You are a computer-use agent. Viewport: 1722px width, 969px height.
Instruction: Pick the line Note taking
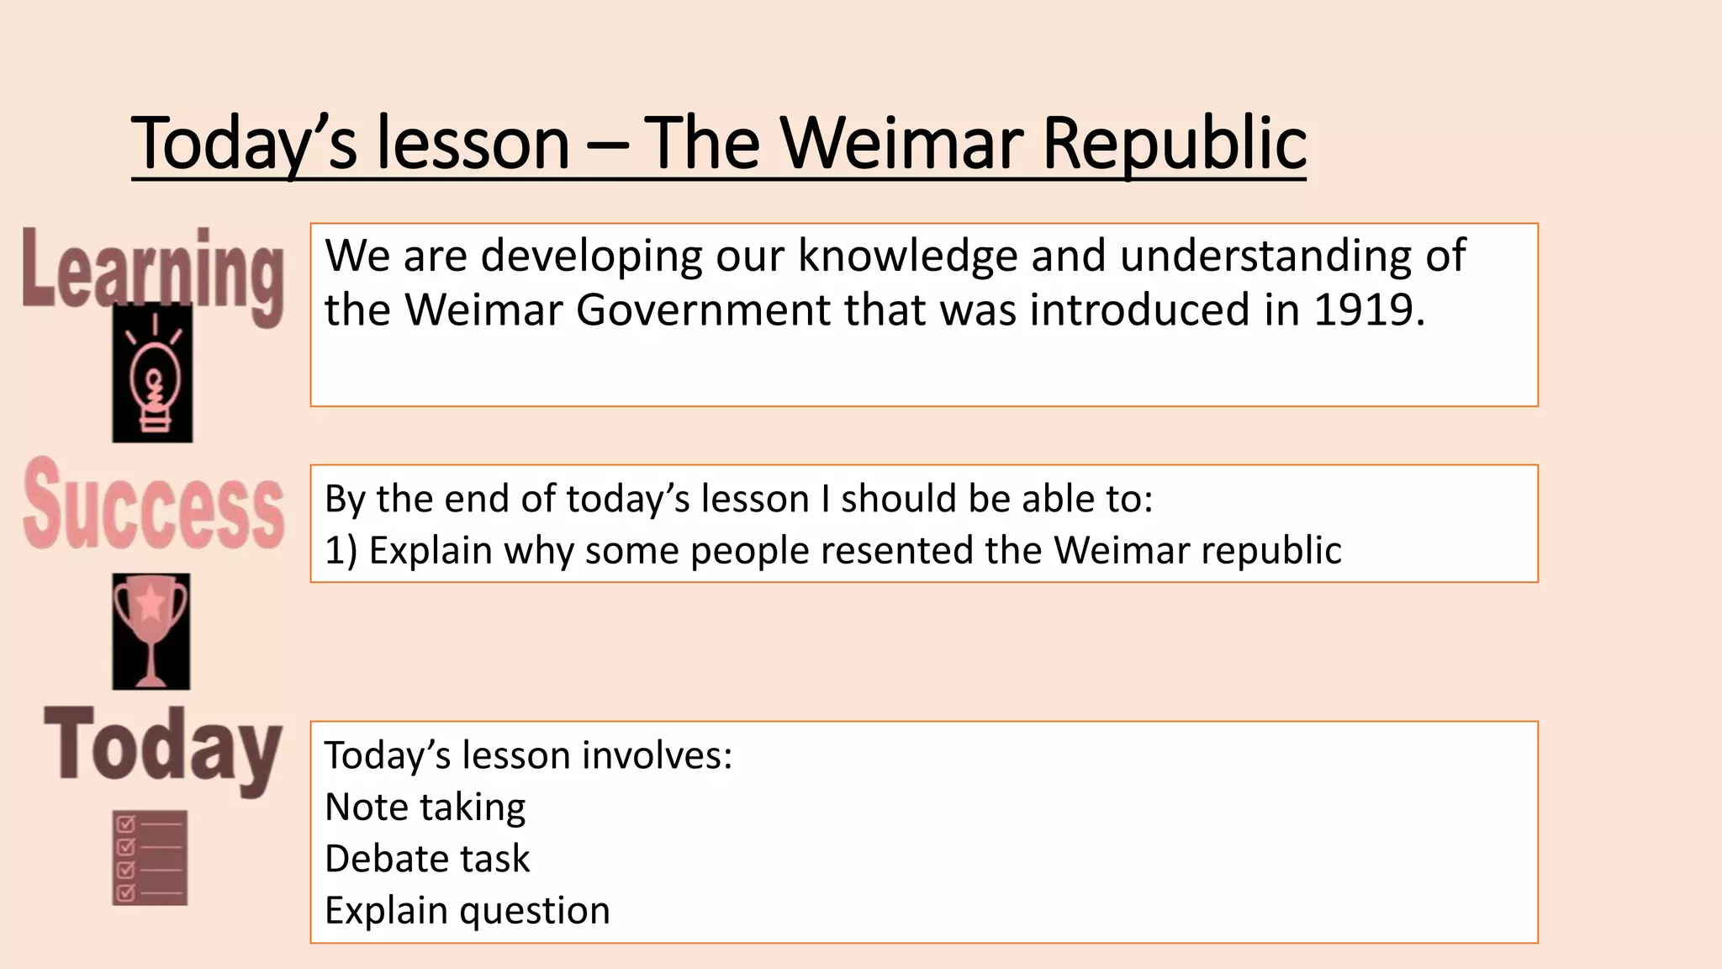click(425, 807)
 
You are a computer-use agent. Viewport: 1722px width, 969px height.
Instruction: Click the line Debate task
click(427, 859)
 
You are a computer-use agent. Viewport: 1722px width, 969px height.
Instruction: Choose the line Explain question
click(467, 910)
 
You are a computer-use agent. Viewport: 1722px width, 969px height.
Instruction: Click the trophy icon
click(151, 631)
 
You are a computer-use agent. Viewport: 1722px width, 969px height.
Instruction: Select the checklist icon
click(150, 858)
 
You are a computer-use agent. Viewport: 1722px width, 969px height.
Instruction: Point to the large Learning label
click(153, 271)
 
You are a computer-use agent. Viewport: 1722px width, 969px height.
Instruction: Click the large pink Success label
click(153, 506)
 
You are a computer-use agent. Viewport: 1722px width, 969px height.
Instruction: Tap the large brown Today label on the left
click(163, 747)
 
